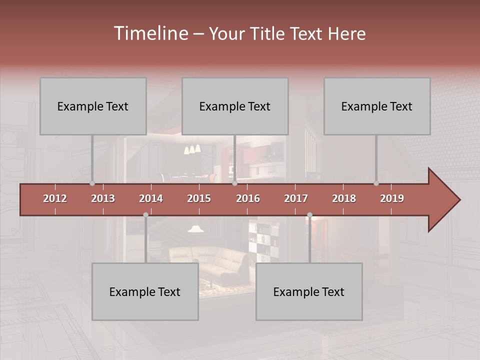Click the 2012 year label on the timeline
[x=55, y=198]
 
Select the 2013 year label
[x=103, y=198]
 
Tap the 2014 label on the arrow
[x=151, y=198]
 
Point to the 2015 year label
[x=199, y=198]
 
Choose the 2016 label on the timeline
[x=248, y=198]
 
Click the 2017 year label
[x=296, y=198]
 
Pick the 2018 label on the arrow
[x=344, y=198]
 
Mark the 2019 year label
[x=392, y=198]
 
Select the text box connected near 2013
[x=93, y=106]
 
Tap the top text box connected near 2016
[x=235, y=106]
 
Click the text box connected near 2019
[x=377, y=106]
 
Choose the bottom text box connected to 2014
[x=145, y=291]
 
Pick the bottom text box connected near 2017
[x=309, y=291]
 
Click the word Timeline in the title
[x=150, y=33]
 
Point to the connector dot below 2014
[x=145, y=215]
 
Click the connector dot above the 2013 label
[x=92, y=183]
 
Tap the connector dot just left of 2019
[x=376, y=183]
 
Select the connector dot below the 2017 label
[x=309, y=215]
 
